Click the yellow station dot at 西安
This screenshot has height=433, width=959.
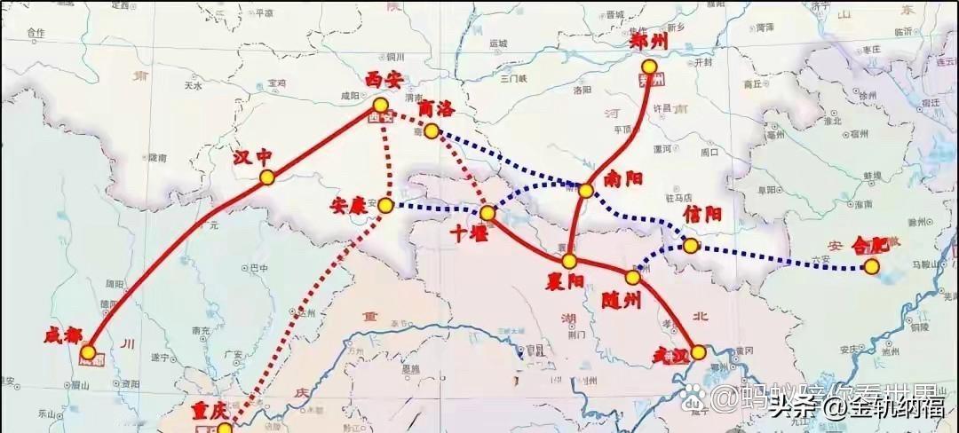click(381, 105)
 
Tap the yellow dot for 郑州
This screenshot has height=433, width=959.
click(651, 67)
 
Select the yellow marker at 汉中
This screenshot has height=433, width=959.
click(267, 177)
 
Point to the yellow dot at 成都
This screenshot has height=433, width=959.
click(88, 352)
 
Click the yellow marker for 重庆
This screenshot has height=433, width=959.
click(226, 428)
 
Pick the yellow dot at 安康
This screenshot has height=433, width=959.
click(385, 205)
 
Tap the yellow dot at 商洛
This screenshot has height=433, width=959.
click(432, 131)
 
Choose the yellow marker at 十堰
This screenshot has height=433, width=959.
click(487, 213)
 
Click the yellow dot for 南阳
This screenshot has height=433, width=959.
click(586, 190)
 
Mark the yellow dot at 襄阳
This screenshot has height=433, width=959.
click(569, 261)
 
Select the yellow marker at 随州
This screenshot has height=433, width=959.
click(633, 277)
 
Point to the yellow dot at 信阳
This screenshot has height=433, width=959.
click(691, 244)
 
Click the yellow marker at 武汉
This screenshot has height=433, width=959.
click(700, 352)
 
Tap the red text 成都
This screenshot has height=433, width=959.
click(63, 335)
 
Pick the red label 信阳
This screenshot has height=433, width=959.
click(702, 215)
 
